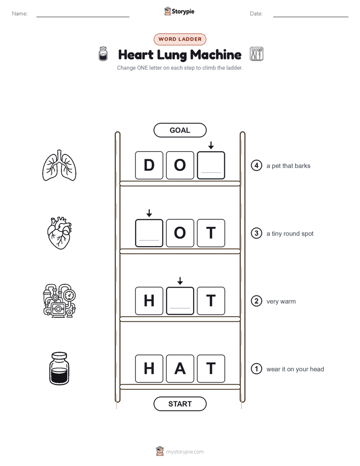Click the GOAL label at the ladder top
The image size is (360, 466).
(179, 130)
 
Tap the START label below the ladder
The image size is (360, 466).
(179, 404)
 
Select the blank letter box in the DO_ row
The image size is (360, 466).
(211, 165)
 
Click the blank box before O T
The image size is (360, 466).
(149, 233)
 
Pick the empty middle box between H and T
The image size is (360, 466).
(180, 301)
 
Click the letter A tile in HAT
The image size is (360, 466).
(180, 369)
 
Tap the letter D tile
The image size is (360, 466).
(149, 165)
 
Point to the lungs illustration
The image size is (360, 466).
(59, 165)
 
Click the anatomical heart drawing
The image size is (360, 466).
(59, 233)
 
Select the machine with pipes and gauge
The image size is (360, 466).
(59, 301)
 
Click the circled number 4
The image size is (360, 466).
(256, 165)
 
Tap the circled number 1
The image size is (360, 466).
(256, 369)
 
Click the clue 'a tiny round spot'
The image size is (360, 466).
(290, 234)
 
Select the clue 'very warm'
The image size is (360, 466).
(281, 302)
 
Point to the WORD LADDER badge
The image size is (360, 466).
(179, 39)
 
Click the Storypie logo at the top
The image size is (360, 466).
(179, 11)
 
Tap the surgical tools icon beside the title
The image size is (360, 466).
(257, 54)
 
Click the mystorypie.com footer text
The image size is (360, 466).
(185, 452)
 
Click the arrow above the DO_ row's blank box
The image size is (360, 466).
(211, 145)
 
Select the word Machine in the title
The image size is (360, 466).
(216, 54)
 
